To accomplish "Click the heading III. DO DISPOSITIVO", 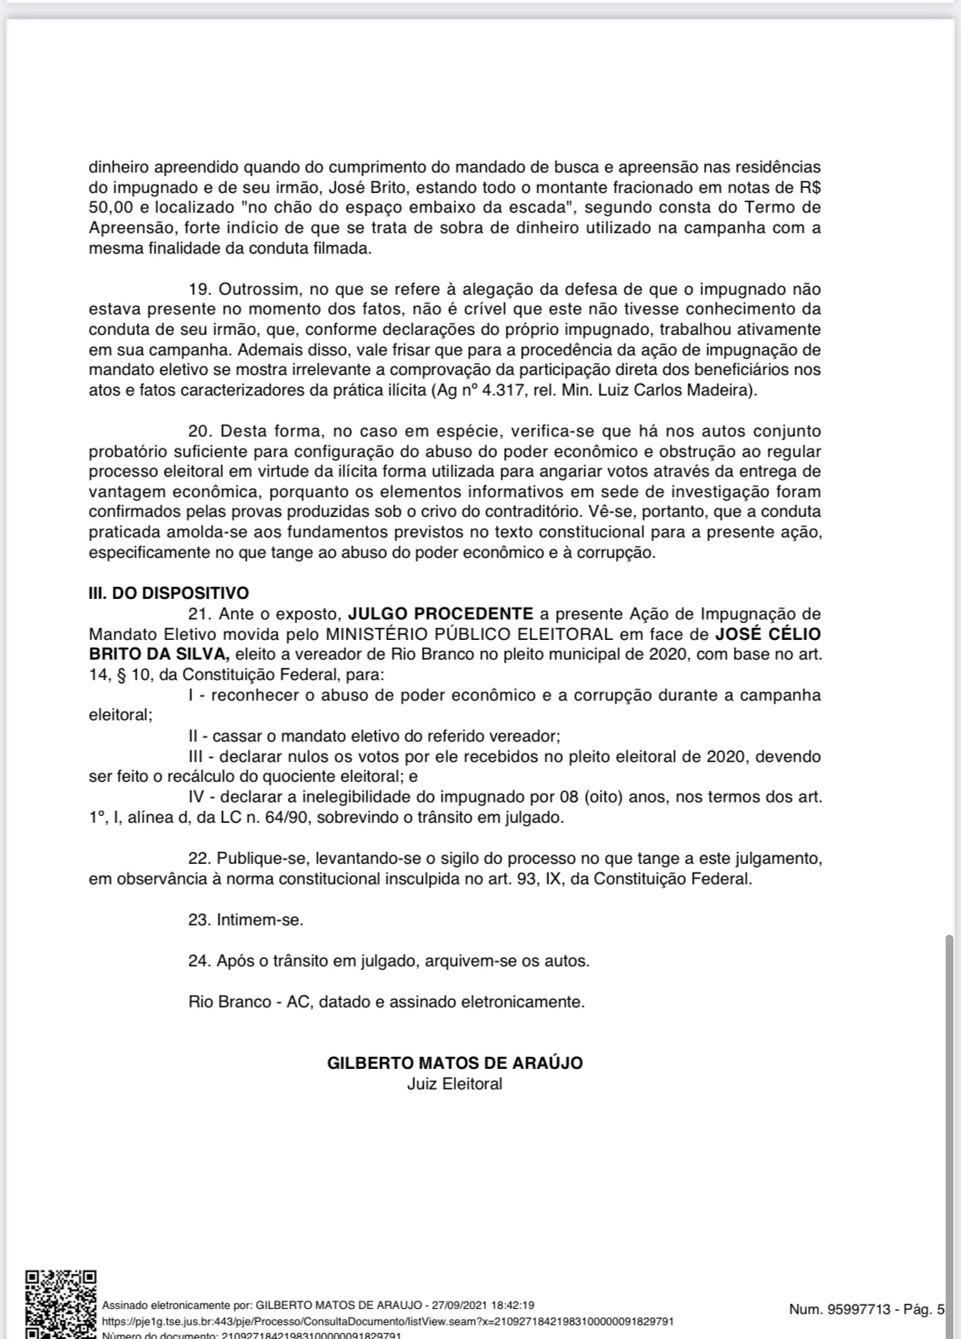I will click(x=168, y=593).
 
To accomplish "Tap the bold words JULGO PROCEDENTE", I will click(x=440, y=614).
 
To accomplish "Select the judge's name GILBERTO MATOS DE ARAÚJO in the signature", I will click(x=454, y=1064).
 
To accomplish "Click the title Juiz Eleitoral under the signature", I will click(x=454, y=1084).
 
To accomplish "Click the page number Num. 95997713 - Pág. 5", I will click(x=867, y=1309).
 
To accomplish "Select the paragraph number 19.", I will click(x=199, y=290).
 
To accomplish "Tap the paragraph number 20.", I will click(x=199, y=432).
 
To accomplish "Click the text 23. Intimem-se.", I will click(x=246, y=920).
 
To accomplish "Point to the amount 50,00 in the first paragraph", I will click(x=108, y=208).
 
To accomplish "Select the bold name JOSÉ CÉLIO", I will click(x=767, y=634).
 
